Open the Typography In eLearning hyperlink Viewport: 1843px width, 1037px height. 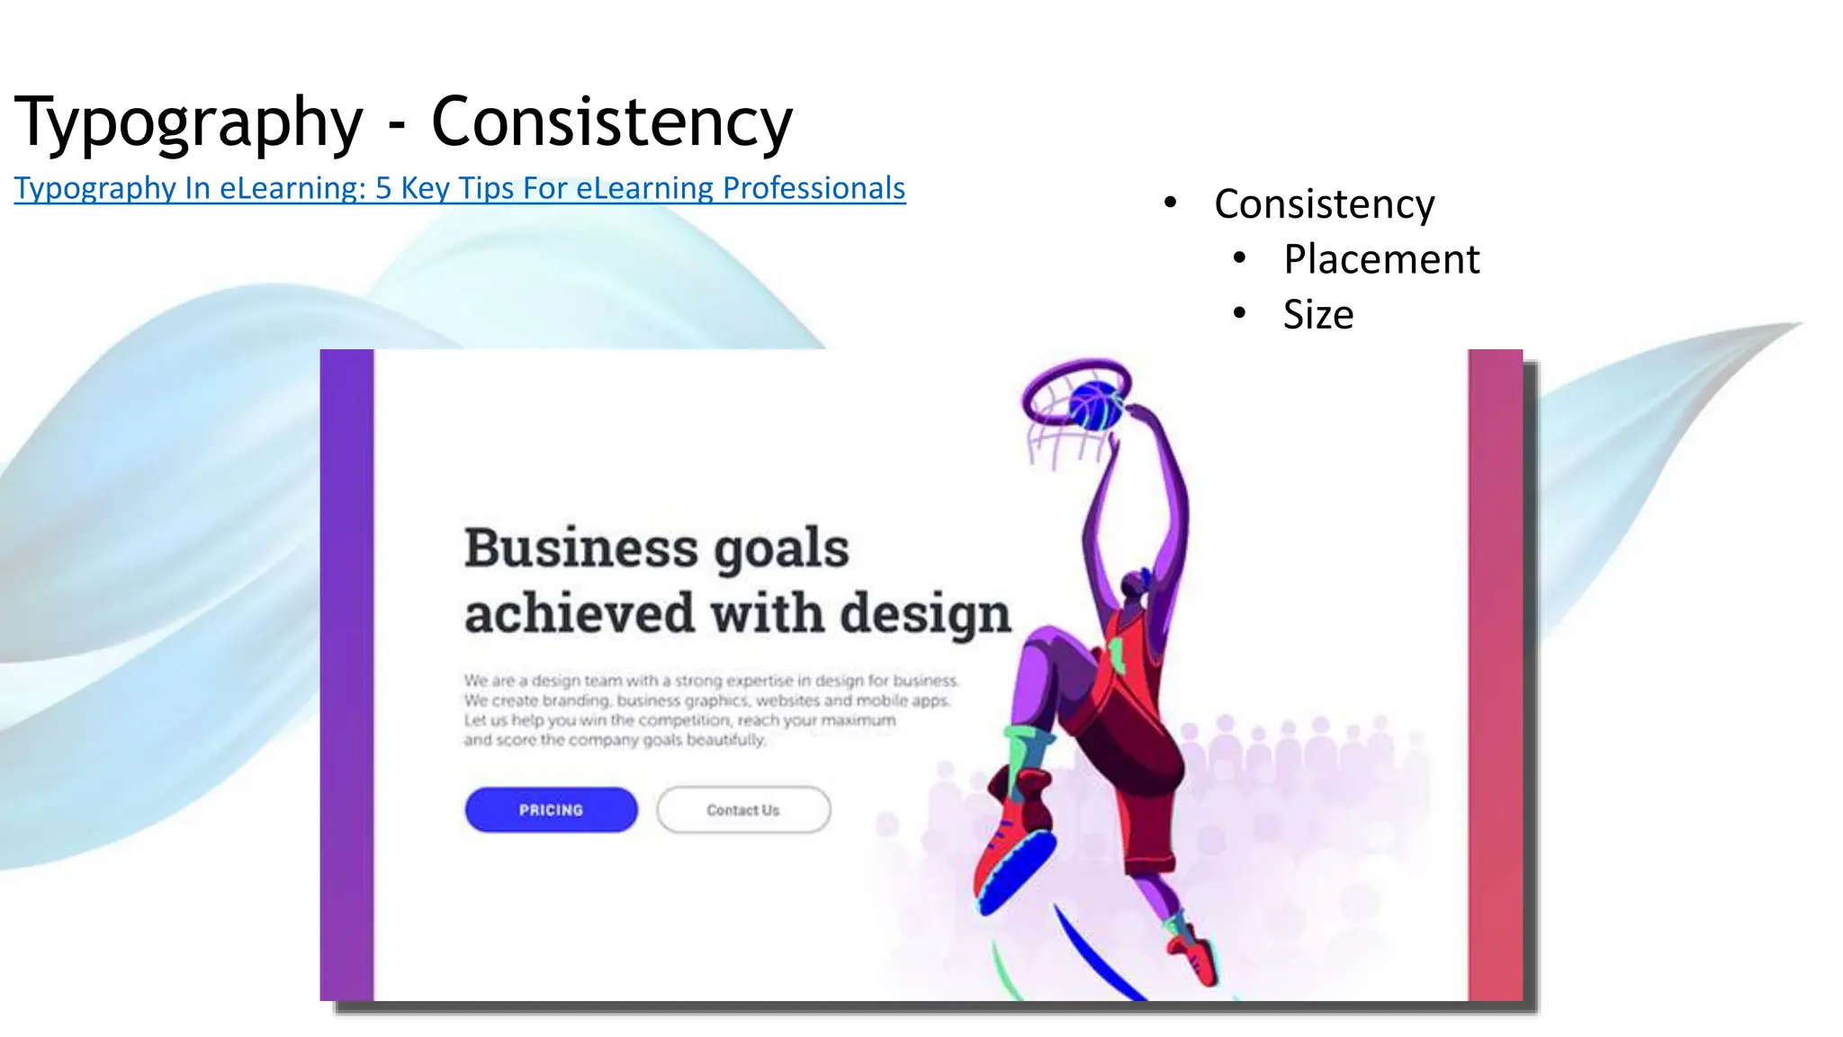point(459,188)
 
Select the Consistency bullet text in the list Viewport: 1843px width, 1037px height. point(1324,204)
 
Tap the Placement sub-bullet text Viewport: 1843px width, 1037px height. point(1380,259)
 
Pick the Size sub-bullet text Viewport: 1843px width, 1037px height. point(1317,315)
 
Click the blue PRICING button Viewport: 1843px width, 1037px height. point(551,809)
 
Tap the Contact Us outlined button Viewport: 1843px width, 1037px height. point(743,809)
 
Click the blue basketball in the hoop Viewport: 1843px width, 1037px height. point(1095,405)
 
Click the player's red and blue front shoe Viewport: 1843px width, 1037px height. point(1017,855)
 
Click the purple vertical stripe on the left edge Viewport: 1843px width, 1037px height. point(346,675)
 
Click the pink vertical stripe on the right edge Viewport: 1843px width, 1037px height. point(1495,675)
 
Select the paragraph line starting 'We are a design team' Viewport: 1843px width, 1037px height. point(711,681)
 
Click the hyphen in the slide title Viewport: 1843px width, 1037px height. point(397,126)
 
